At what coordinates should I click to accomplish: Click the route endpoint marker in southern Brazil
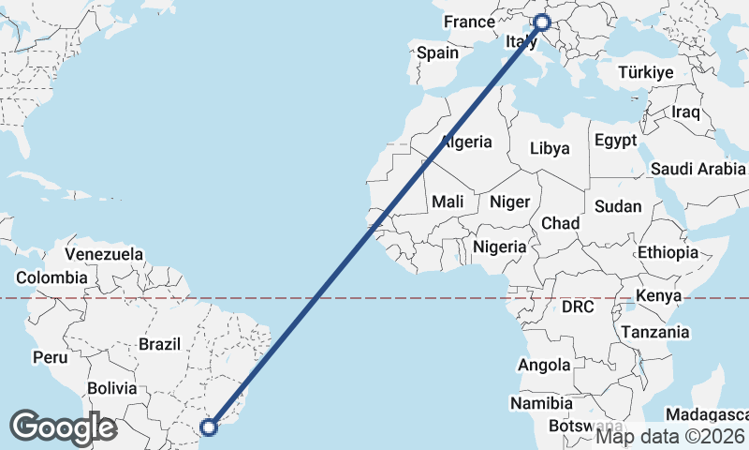point(209,427)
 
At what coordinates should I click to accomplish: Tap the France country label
point(469,22)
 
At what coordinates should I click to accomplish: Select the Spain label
point(437,52)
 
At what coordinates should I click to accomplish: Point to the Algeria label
point(465,142)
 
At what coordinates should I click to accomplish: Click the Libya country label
point(550,148)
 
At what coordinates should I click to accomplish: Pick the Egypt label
point(615,140)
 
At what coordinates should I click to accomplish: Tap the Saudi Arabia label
point(698,170)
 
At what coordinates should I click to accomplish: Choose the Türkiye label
point(646,72)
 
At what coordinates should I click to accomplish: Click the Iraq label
point(686,112)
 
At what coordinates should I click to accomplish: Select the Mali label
point(448,201)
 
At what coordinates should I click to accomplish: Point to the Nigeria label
point(500,246)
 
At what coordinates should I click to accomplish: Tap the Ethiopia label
point(668,252)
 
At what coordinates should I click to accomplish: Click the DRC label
point(579,307)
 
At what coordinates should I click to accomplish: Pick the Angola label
point(544,365)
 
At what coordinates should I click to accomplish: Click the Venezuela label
point(104,254)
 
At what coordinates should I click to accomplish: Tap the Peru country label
point(50,357)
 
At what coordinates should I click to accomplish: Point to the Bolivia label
point(112,387)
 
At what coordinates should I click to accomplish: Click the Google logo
point(63,427)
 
